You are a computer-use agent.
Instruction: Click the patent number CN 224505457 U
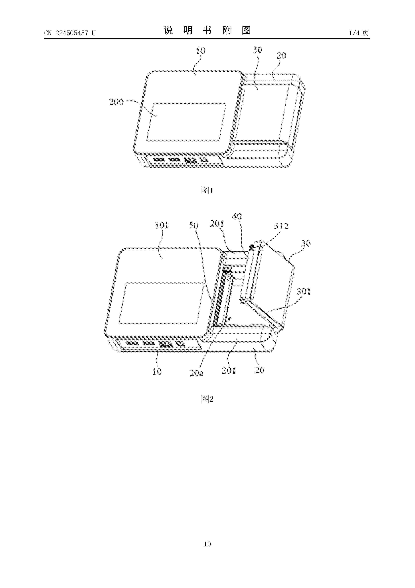(70, 33)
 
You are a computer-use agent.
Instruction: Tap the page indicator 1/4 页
(359, 33)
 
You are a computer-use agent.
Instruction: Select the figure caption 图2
(207, 399)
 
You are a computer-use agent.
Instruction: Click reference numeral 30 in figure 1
(258, 50)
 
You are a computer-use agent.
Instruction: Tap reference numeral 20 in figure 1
(281, 56)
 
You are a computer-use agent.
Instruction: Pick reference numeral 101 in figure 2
(162, 225)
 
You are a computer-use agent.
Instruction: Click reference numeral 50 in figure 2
(194, 225)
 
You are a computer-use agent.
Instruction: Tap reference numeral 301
(304, 291)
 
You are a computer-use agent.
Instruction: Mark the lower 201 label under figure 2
(229, 371)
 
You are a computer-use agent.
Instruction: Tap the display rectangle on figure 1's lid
(186, 122)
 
